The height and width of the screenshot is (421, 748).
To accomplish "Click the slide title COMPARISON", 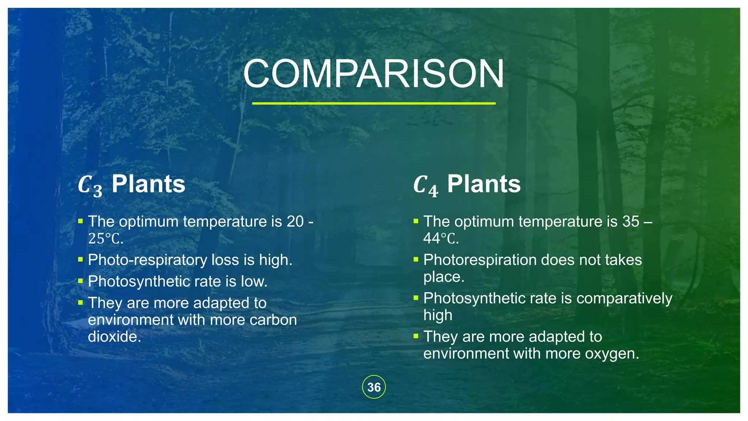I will [374, 74].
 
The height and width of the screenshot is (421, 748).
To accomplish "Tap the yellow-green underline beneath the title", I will [374, 103].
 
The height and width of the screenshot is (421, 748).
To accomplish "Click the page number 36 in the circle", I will [374, 387].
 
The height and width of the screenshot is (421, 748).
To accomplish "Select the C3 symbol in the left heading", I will [90, 185].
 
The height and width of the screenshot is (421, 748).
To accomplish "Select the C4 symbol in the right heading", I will [425, 185].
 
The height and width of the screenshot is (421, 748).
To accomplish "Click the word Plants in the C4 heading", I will [484, 184].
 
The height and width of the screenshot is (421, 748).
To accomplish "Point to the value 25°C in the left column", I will [105, 239].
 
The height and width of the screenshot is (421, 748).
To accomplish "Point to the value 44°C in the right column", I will [440, 239].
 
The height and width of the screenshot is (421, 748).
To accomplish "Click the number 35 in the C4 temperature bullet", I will [631, 221].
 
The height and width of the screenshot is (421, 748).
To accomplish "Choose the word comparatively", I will [624, 299].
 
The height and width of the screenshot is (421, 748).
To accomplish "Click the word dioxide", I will [114, 337].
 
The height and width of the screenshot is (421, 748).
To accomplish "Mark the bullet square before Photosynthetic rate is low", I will [81, 281].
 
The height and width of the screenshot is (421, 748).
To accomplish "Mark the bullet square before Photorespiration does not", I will [416, 259].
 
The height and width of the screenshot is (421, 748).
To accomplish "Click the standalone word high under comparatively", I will [438, 315].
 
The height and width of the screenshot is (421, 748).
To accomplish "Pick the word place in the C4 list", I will [443, 277].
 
